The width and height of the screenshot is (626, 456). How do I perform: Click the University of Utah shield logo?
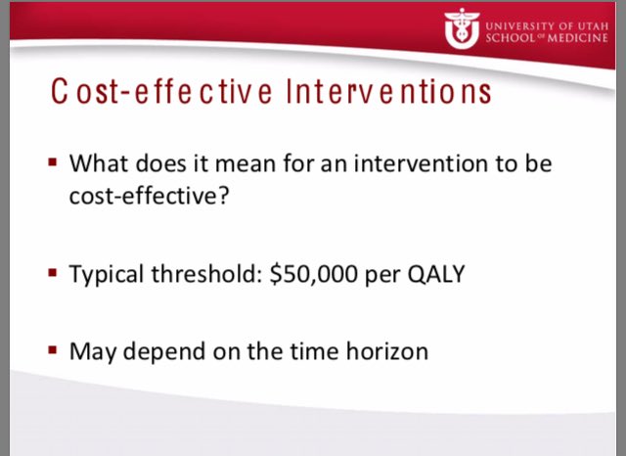point(459,28)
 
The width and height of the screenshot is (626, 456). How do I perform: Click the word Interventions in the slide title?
point(388,95)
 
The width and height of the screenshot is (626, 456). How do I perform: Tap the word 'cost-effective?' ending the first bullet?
point(145,197)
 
